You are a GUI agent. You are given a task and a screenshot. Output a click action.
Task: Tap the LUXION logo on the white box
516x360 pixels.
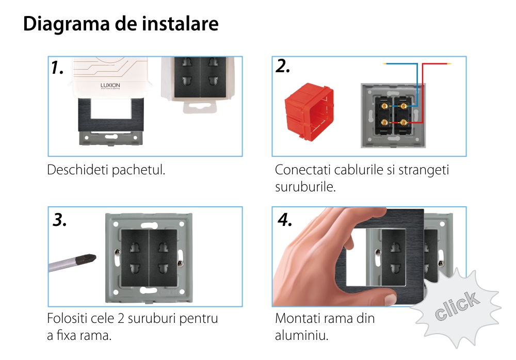click(110, 86)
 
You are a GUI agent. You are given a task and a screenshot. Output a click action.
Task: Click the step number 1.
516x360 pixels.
click(57, 68)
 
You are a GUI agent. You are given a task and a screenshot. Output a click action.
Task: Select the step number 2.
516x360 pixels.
click(283, 67)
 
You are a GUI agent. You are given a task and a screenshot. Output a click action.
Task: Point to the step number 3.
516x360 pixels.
click(59, 220)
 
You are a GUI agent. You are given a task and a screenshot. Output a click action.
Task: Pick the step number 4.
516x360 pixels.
click(285, 220)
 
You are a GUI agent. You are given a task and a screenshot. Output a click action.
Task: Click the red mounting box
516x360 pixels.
click(309, 111)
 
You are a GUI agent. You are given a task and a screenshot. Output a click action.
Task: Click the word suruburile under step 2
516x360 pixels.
click(305, 187)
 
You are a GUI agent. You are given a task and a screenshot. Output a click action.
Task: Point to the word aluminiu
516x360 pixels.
click(302, 335)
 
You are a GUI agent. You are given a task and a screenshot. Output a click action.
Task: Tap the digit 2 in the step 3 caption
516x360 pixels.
click(121, 319)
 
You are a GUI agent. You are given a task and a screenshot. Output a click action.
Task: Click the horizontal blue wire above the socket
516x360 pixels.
click(400, 63)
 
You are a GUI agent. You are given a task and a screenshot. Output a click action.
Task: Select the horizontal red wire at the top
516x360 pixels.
click(437, 63)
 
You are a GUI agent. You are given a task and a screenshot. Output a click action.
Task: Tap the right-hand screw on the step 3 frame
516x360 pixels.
click(180, 263)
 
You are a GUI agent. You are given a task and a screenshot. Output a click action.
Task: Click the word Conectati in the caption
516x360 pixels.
click(303, 170)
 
